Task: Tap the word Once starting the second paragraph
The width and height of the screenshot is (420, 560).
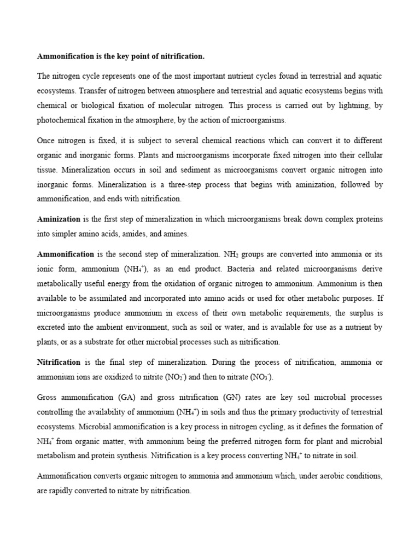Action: (x=46, y=140)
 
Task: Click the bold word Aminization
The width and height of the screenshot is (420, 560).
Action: (x=59, y=219)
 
